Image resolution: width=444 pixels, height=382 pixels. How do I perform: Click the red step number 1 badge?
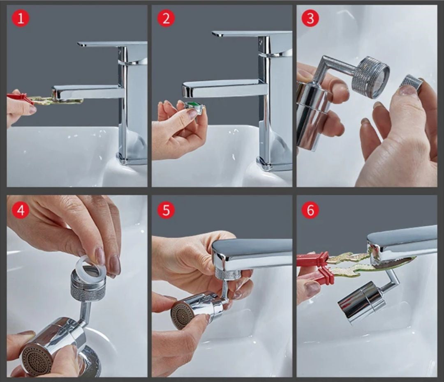(21, 18)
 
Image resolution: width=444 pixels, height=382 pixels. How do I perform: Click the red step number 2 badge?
(166, 18)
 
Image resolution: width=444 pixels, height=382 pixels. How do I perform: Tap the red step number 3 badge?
(310, 18)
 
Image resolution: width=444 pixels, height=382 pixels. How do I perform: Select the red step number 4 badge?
(21, 210)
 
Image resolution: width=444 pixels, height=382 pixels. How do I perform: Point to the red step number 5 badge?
(166, 210)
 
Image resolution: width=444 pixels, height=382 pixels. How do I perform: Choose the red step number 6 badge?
(310, 210)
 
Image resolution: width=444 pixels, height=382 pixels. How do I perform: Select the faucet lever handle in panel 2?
(252, 34)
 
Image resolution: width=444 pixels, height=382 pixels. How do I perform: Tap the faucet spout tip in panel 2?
(187, 90)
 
